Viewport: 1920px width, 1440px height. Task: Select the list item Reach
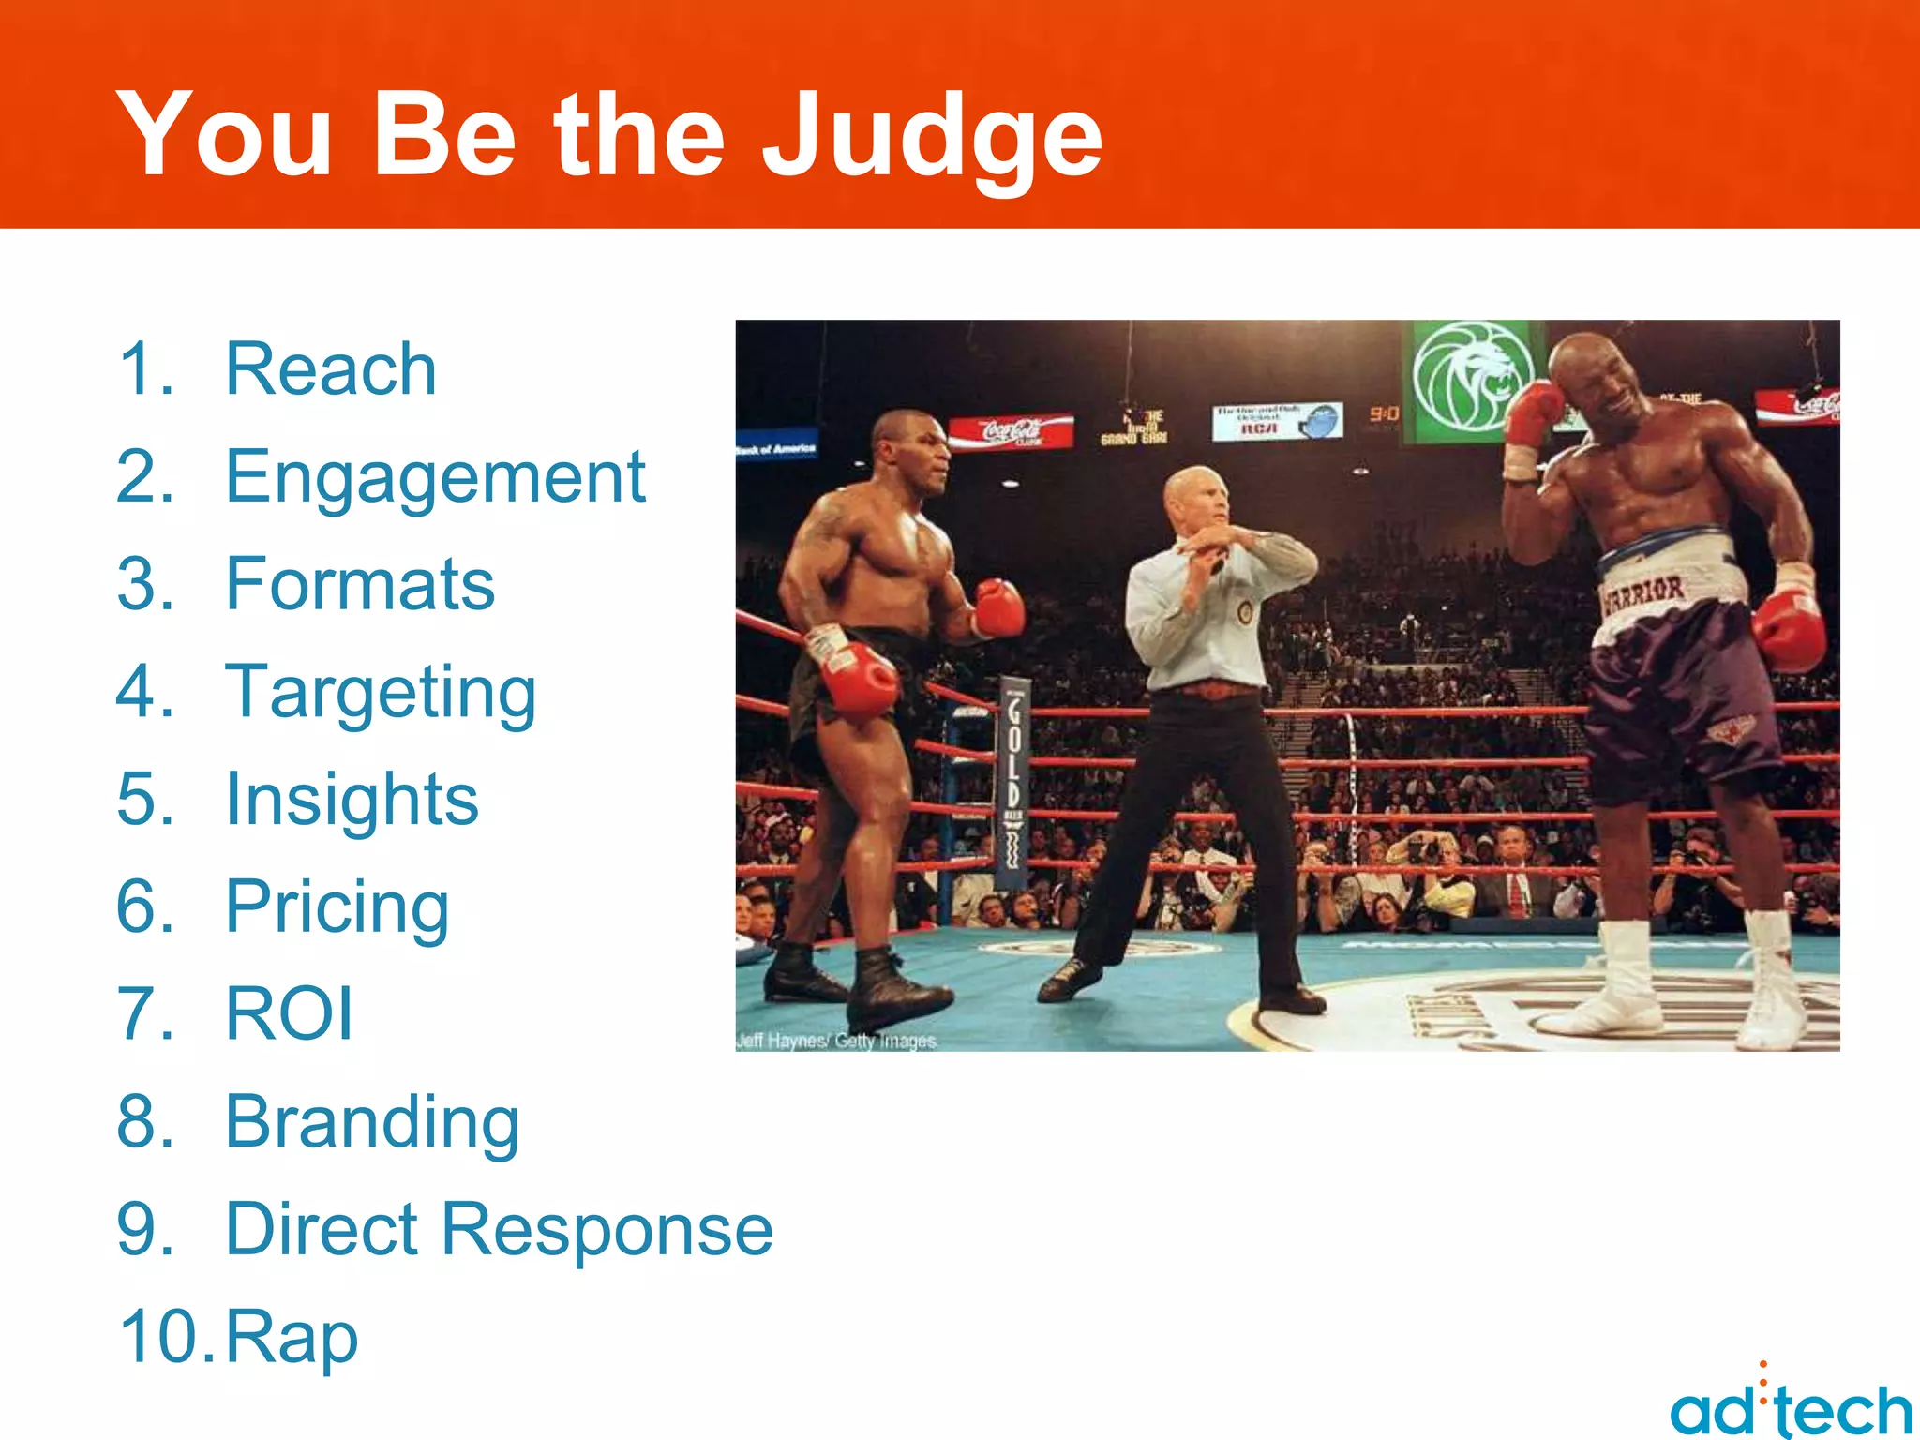click(331, 369)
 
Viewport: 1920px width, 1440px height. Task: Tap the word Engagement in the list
click(435, 478)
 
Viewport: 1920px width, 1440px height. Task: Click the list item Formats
click(360, 584)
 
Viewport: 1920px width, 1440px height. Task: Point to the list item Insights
click(352, 800)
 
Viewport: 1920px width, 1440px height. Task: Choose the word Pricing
click(337, 907)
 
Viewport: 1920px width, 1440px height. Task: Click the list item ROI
click(289, 1014)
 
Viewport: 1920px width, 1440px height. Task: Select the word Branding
click(372, 1122)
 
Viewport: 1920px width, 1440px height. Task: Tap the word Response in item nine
click(607, 1230)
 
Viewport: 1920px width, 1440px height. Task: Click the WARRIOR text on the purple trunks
click(1642, 593)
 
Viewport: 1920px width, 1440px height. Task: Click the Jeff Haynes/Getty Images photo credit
click(836, 1041)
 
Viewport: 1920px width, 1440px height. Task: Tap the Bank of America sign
click(776, 448)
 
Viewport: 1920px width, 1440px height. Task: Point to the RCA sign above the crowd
click(1276, 421)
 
